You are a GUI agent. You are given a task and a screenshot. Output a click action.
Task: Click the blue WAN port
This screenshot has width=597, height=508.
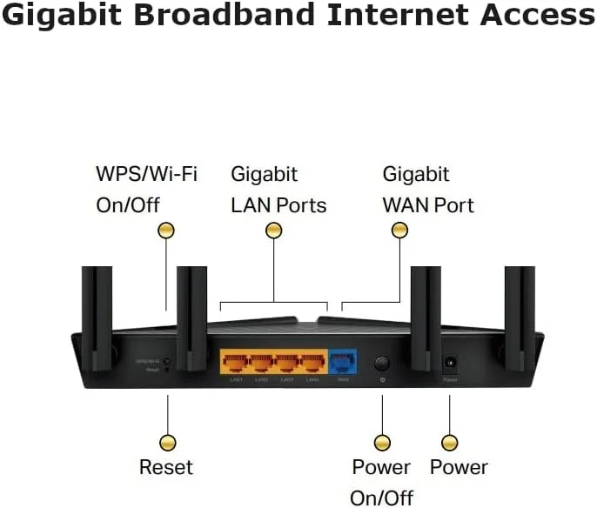342,362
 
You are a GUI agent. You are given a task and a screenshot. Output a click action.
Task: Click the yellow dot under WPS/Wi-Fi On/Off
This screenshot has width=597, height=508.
165,231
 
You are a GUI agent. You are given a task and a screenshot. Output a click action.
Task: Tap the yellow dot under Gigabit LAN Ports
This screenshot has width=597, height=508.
274,231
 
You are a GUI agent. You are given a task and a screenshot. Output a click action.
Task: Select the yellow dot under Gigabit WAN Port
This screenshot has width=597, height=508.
399,231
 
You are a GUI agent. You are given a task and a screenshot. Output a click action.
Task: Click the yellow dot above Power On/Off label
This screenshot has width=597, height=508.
381,442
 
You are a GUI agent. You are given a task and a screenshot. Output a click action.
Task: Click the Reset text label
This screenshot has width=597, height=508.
165,467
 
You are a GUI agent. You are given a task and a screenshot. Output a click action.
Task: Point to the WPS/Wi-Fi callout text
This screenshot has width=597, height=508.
146,174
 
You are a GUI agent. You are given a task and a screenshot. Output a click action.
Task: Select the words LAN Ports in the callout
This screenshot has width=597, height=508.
278,205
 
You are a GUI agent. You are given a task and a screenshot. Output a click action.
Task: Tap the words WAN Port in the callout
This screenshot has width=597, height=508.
428,205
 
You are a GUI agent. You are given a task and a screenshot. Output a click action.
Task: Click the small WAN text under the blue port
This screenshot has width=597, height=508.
342,380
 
